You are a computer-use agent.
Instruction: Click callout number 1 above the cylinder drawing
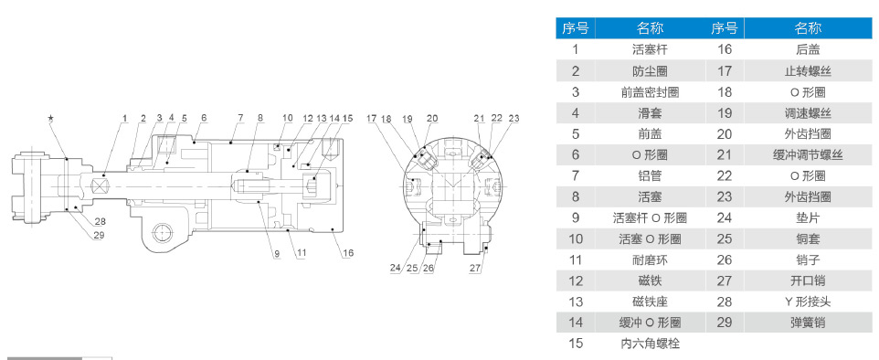[x=125, y=119]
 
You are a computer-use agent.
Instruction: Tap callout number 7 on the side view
[x=240, y=118]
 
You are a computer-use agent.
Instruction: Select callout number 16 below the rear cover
[x=347, y=253]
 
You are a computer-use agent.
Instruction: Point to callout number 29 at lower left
[x=99, y=235]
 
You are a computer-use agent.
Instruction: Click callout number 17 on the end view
[x=372, y=118]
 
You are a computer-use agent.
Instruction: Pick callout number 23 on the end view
[x=514, y=118]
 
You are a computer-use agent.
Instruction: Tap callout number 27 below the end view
[x=475, y=268]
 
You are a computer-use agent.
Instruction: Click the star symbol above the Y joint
[x=51, y=118]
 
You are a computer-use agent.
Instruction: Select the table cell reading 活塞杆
[x=651, y=49]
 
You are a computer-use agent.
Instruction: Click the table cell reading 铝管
[x=651, y=175]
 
